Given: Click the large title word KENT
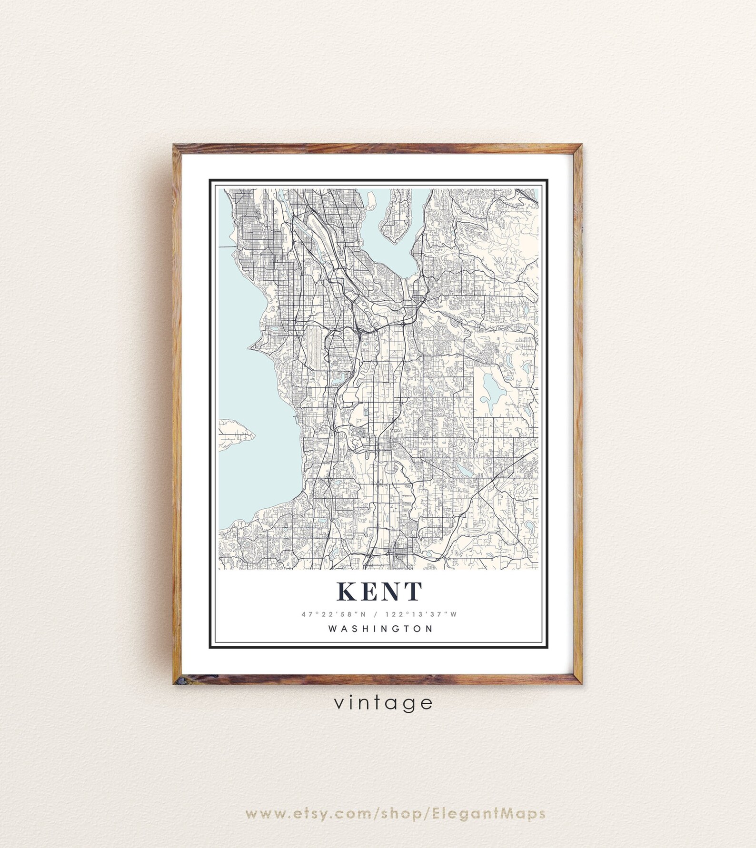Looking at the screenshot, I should pos(379,591).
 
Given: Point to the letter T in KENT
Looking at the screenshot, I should pos(413,591).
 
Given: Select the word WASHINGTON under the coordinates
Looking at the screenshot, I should pos(381,628).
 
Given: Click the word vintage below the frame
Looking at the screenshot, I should pos(383,703).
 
